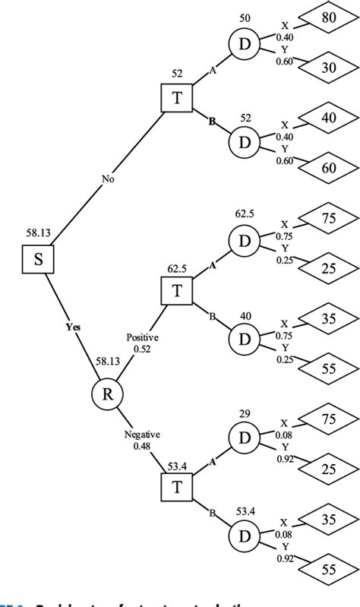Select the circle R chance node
107,394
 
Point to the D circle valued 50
245,44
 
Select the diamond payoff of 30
329,68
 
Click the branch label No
109,179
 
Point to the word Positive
143,337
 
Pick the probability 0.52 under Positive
143,349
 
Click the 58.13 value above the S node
38,234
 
